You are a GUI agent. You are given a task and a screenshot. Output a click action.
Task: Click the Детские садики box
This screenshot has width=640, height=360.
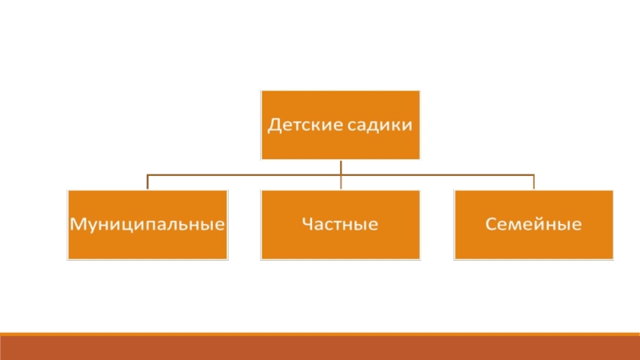(x=340, y=124)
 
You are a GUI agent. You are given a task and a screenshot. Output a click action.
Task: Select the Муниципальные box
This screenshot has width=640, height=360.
(x=147, y=224)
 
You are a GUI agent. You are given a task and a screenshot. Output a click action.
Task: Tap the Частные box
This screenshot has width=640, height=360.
(x=340, y=224)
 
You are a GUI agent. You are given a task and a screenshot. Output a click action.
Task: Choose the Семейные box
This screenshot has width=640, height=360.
(x=534, y=224)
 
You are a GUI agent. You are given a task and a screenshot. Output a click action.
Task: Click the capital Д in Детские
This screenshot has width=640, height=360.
(x=272, y=125)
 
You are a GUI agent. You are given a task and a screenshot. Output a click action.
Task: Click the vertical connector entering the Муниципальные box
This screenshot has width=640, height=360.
(x=147, y=182)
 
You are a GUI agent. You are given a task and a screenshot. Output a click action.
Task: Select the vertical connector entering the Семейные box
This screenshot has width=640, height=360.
(x=534, y=182)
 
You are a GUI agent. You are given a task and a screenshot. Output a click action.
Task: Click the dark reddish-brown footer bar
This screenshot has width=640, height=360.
(x=320, y=348)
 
